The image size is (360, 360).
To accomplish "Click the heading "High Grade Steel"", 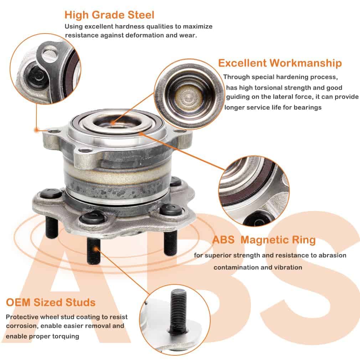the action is (x=109, y=15).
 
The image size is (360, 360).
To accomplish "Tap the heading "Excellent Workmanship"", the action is (x=280, y=63).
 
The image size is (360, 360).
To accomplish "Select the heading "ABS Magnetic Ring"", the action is (x=264, y=240).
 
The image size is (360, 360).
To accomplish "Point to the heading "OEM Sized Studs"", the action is (x=51, y=302).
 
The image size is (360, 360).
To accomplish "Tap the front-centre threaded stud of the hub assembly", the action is (x=94, y=251).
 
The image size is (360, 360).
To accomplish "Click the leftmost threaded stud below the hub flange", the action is (x=51, y=227).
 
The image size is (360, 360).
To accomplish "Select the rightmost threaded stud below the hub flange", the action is (x=170, y=243).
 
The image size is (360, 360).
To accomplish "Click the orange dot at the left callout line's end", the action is (x=36, y=130).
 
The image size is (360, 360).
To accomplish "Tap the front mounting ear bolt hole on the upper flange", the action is (x=85, y=151).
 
